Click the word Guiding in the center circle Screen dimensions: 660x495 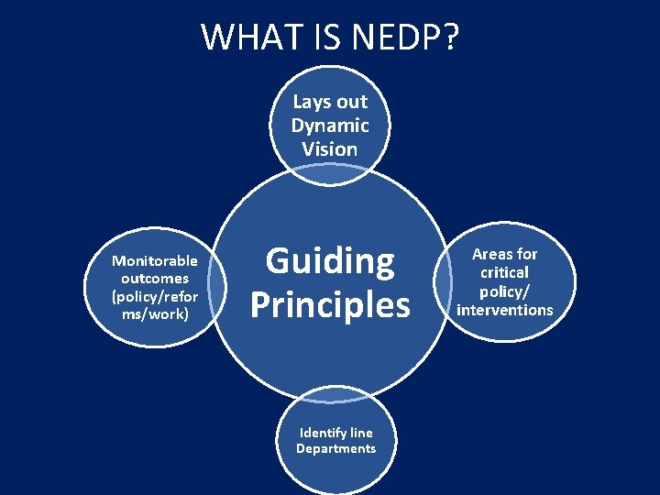(330, 263)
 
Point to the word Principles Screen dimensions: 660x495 (330, 304)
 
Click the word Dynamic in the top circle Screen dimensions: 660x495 (330, 126)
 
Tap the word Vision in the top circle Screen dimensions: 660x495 (330, 148)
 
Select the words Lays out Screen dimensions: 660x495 (330, 103)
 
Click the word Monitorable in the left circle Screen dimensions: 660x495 (154, 261)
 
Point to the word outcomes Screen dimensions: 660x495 (154, 279)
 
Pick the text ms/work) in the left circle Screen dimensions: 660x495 (154, 314)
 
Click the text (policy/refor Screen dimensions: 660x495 (154, 296)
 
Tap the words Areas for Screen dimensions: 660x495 (505, 254)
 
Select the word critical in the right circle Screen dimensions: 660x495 (505, 272)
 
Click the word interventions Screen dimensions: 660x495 (505, 310)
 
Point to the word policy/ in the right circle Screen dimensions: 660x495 (505, 291)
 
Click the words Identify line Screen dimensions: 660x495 (335, 433)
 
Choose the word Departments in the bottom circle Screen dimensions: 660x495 (335, 448)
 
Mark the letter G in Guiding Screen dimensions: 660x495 (278, 263)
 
